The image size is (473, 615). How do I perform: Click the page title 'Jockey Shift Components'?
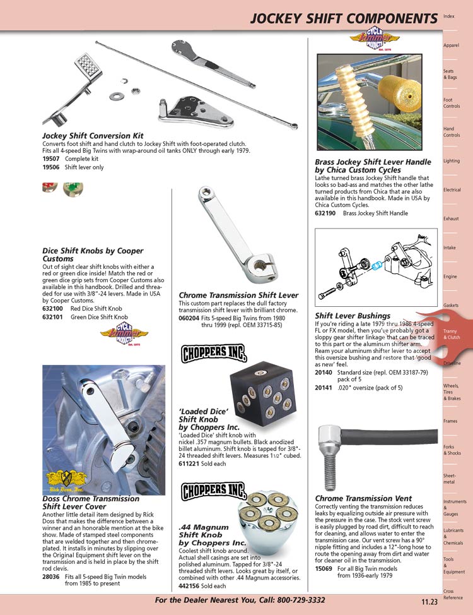tap(343, 19)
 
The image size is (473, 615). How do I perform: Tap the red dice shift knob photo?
tap(50, 188)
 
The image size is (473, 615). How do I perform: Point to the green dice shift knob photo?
tap(73, 188)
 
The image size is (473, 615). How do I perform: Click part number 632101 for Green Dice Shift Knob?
tap(52, 317)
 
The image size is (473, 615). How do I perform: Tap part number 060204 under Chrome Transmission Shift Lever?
tap(190, 319)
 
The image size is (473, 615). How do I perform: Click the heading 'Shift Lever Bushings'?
tap(352, 316)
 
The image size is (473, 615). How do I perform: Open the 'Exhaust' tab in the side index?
tap(452, 218)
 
